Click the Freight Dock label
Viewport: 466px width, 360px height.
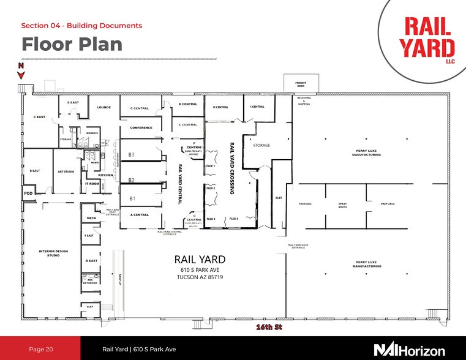(301, 84)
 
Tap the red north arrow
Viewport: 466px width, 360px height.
(21, 74)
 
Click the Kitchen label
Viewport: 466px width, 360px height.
(106, 174)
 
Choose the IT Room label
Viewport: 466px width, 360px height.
(92, 183)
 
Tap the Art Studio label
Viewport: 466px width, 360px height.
(66, 171)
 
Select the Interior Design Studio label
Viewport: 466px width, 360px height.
(53, 253)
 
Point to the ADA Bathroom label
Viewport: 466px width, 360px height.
(90, 281)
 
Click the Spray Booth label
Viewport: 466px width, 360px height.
(343, 205)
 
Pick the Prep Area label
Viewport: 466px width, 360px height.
(388, 204)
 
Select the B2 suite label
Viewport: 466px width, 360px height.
(131, 180)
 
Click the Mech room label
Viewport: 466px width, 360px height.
(92, 218)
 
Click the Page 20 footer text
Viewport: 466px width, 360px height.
(41, 349)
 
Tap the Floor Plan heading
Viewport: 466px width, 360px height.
(71, 44)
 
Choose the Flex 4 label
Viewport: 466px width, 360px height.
(233, 219)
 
